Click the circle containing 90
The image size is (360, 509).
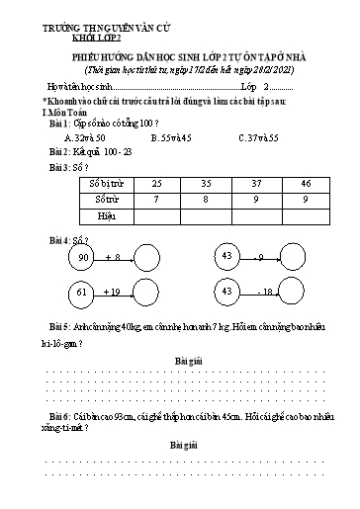[76, 259]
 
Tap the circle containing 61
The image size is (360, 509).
[76, 293]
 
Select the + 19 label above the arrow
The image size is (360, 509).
[112, 291]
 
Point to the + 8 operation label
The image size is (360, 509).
[111, 257]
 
